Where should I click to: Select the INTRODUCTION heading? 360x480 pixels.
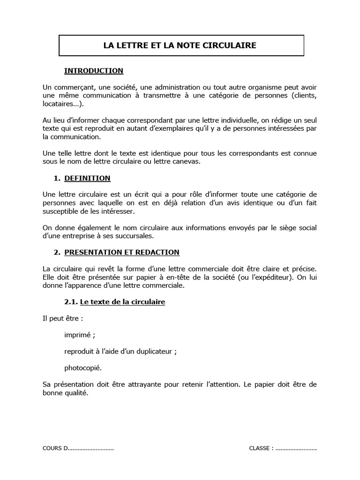(94, 71)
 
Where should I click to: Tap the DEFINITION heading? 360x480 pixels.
(87, 178)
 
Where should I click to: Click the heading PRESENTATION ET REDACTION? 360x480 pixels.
(122, 252)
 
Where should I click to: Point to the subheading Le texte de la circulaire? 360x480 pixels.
(123, 302)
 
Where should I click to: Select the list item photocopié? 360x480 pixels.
(83, 367)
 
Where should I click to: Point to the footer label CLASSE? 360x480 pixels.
(259, 448)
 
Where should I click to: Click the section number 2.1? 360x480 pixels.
(71, 302)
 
